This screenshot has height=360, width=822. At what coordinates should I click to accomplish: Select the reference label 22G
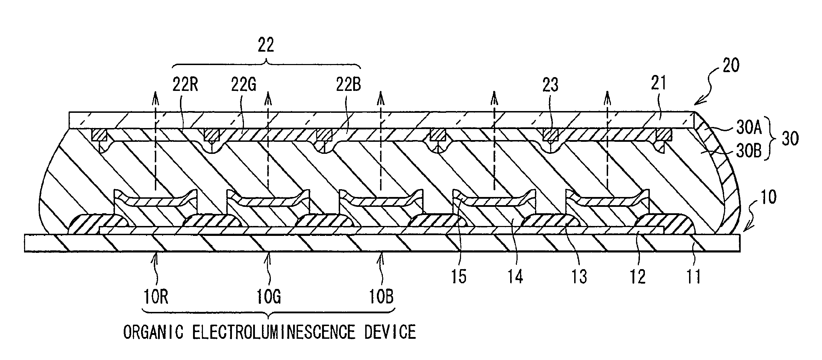[244, 85]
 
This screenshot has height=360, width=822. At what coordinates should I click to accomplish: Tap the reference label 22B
[348, 85]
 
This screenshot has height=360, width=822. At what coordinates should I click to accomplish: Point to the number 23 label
[550, 85]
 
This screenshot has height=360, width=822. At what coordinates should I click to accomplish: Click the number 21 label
[658, 83]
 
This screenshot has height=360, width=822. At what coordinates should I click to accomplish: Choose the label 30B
[747, 153]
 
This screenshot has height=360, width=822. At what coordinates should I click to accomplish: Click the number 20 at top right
[731, 65]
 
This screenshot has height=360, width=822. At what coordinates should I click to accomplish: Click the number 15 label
[459, 277]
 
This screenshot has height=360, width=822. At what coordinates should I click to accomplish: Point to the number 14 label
[515, 277]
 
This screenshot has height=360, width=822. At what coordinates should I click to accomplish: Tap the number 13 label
[579, 277]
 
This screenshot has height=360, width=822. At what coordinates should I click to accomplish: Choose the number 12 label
[637, 277]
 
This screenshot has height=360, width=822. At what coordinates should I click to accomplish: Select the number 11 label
[693, 277]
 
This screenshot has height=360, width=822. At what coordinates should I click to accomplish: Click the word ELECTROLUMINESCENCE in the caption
[274, 332]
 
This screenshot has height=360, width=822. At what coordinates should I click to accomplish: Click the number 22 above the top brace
[266, 46]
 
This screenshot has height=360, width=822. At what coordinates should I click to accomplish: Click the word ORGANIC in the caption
[153, 332]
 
